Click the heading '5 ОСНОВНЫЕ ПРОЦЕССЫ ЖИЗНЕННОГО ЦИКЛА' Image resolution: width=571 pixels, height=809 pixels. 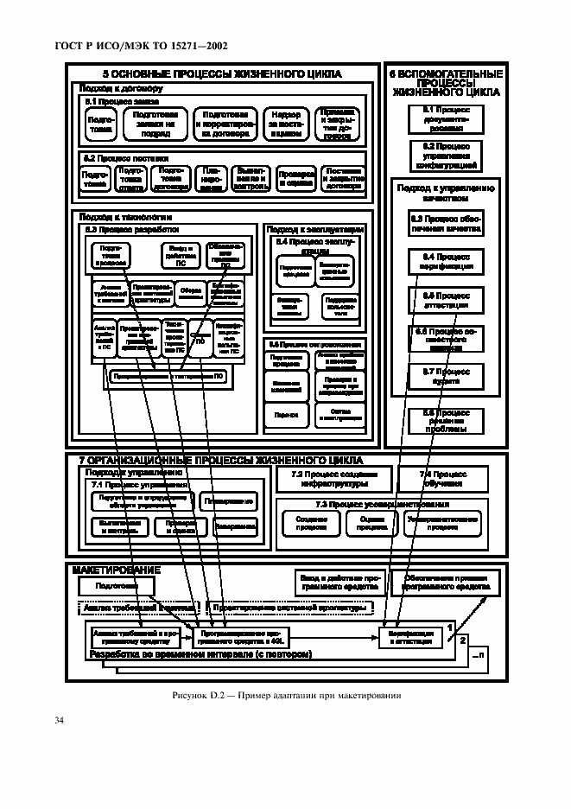point(222,74)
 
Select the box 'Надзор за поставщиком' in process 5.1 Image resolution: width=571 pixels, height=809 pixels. point(285,124)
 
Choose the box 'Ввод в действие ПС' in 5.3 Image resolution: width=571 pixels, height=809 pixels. point(181,255)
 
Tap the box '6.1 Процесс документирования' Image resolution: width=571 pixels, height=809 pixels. point(446,116)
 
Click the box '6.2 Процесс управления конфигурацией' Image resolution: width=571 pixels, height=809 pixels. point(446,156)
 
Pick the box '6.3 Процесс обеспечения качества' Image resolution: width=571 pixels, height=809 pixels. point(446,224)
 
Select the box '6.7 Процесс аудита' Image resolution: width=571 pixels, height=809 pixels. point(446,375)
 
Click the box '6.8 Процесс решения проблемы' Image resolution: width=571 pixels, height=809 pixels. point(446,421)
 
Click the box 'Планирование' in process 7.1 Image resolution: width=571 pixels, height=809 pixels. point(228,501)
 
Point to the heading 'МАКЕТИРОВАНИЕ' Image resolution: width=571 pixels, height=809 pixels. point(117,571)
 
